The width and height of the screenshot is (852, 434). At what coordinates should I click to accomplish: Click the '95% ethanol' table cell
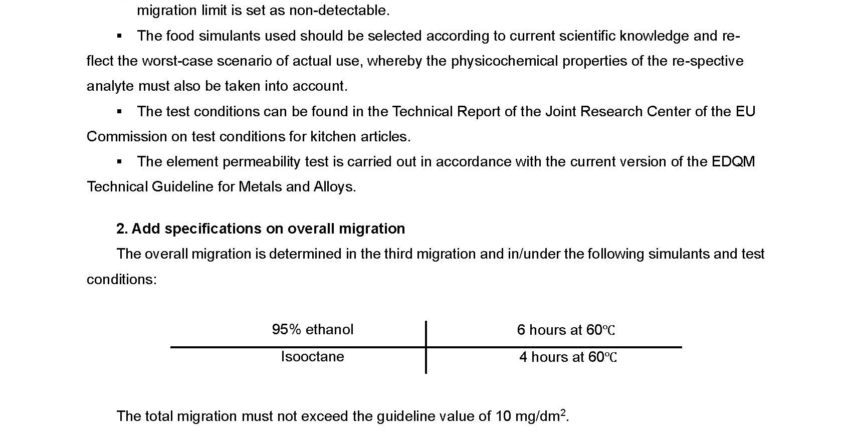point(312,329)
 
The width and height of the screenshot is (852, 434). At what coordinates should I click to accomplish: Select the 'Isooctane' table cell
point(312,356)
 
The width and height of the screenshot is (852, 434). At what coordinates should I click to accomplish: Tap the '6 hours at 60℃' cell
point(566,330)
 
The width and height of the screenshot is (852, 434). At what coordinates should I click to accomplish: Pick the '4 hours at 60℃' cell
point(568,357)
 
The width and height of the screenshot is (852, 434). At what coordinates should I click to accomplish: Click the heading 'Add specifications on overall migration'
point(268,229)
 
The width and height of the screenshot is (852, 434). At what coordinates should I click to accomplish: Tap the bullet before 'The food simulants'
point(119,36)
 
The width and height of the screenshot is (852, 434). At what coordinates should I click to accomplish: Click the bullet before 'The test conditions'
point(119,111)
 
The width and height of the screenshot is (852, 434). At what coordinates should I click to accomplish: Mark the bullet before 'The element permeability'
point(119,161)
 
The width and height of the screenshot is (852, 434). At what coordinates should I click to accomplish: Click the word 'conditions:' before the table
point(121,279)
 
